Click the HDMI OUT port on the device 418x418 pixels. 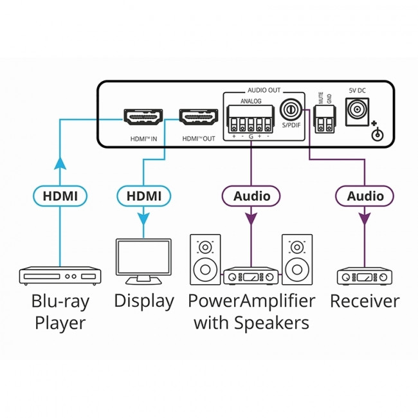click(x=197, y=118)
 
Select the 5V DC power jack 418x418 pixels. click(x=357, y=113)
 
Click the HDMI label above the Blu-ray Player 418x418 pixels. click(x=59, y=195)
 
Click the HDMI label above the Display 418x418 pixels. click(x=144, y=195)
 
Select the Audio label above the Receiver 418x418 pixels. click(x=365, y=195)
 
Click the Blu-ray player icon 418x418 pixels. click(x=59, y=276)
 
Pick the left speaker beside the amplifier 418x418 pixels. click(x=205, y=259)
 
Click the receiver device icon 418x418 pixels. click(x=365, y=277)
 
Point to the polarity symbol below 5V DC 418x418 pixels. click(x=379, y=134)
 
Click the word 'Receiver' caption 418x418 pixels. click(x=365, y=301)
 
